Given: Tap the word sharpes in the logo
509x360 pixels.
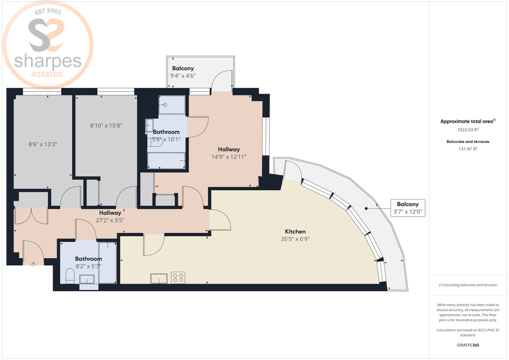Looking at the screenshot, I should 47,61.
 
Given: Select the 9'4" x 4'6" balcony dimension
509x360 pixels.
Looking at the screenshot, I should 183,76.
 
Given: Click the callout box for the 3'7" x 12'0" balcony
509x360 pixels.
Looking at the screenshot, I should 407,208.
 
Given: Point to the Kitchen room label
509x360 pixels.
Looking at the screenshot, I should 295,231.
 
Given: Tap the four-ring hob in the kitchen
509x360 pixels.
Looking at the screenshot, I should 178,277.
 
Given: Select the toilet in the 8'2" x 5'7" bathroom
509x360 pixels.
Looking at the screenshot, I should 70,276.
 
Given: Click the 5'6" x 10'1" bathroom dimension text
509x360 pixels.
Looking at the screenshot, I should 166,139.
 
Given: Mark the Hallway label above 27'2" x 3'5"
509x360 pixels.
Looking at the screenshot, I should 110,212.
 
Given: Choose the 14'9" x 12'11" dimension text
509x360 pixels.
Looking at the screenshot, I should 228,156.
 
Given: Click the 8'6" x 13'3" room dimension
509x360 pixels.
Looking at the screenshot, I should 42,144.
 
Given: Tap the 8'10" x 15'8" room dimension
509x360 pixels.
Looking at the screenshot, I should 106,126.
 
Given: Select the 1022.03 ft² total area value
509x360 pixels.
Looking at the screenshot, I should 467,129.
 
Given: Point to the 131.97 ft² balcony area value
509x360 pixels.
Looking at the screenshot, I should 467,148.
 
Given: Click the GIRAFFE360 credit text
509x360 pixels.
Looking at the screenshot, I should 467,345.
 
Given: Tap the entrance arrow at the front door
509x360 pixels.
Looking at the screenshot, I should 33,263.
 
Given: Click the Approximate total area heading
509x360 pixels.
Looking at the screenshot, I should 467,121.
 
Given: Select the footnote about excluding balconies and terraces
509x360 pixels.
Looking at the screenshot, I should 467,285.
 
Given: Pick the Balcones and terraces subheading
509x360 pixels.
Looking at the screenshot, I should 467,141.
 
